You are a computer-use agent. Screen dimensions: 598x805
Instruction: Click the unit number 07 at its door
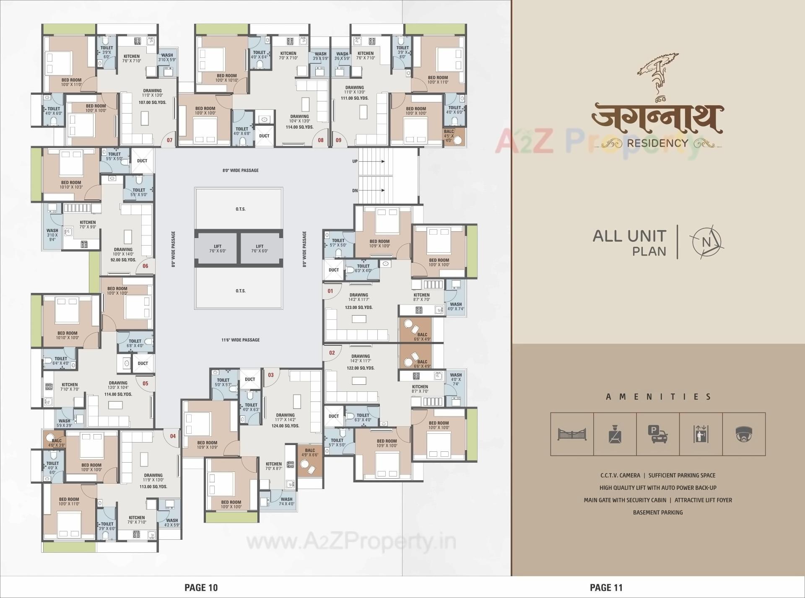point(170,140)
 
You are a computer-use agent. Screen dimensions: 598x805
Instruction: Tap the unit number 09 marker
point(338,140)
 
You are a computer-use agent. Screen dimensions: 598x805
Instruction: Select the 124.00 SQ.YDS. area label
point(285,425)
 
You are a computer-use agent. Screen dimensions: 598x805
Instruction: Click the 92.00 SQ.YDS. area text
point(123,260)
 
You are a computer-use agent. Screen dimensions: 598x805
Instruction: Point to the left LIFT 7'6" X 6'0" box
point(217,249)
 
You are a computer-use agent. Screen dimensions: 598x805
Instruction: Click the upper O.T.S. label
point(240,209)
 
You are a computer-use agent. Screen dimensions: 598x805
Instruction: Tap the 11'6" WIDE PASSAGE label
point(241,340)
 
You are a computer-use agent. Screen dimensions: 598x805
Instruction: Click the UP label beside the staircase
point(355,161)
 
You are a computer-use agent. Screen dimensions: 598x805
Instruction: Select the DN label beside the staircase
point(355,191)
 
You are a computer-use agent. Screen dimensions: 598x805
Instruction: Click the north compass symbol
point(707,242)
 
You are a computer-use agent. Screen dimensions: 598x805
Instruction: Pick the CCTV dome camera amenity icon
point(744,434)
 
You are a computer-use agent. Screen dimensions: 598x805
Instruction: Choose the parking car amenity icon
point(657,434)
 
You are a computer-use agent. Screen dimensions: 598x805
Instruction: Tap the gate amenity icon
point(572,434)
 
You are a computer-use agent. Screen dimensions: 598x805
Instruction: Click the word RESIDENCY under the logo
point(657,143)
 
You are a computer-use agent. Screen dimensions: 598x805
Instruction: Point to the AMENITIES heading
point(658,396)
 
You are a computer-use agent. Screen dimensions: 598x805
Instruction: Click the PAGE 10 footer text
point(201,588)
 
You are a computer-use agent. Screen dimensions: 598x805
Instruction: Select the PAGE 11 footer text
point(606,588)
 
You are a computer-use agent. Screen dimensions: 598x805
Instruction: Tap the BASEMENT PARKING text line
point(658,512)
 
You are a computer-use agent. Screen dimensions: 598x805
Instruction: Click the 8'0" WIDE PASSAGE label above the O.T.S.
point(241,171)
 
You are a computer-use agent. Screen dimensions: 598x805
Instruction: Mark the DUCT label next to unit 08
point(264,136)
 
